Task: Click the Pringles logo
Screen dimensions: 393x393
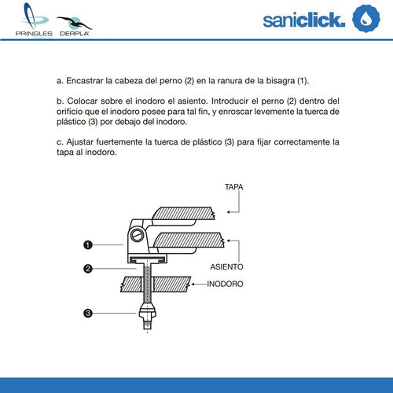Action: pos(34,20)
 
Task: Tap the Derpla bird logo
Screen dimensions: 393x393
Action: pos(75,26)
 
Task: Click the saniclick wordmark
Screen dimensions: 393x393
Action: pos(303,20)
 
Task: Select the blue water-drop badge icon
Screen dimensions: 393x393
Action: pos(366,18)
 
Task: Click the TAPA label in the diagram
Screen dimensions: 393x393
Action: pos(233,187)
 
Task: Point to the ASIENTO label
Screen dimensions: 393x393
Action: pos(226,267)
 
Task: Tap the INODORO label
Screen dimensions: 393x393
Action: pos(225,284)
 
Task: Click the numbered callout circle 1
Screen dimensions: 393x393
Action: pos(88,245)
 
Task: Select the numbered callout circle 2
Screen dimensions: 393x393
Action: pos(88,269)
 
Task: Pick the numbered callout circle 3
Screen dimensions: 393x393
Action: pos(88,313)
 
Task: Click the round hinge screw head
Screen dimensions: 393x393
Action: pos(137,235)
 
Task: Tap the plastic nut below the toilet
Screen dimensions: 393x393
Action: pos(148,311)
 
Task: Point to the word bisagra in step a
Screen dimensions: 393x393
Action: pos(281,81)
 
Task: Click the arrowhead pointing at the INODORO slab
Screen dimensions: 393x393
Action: pos(193,284)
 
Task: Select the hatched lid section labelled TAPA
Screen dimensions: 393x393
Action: pos(183,213)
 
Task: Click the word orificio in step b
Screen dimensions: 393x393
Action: pos(69,112)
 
